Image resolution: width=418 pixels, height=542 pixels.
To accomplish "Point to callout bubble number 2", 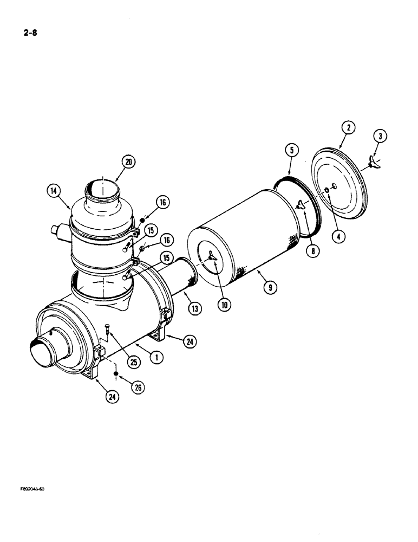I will pos(348,128).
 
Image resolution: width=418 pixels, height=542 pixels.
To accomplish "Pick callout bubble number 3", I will pos(381,137).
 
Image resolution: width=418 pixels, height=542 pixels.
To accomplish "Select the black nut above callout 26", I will pos(116,374).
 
